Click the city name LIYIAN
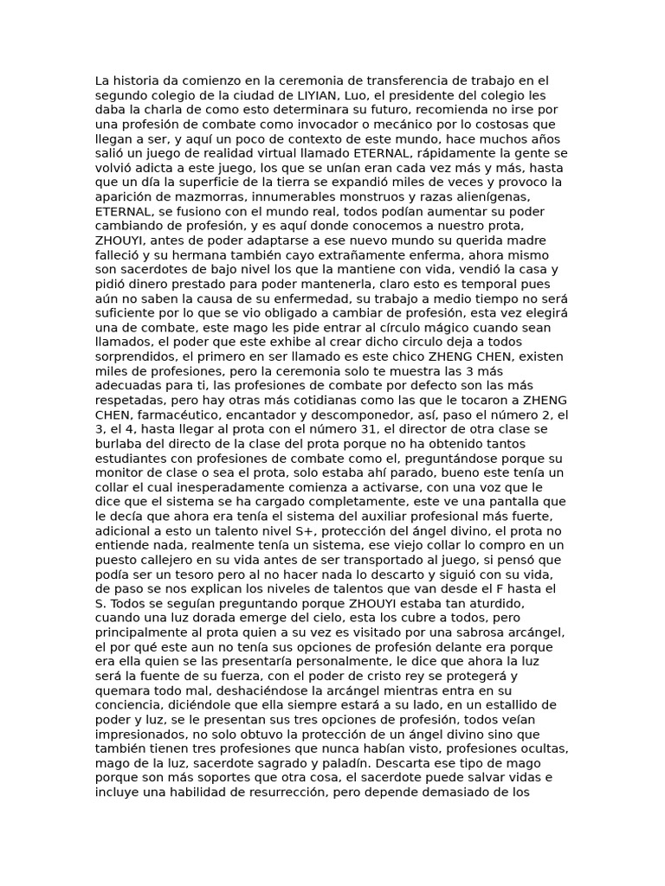[325, 96]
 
